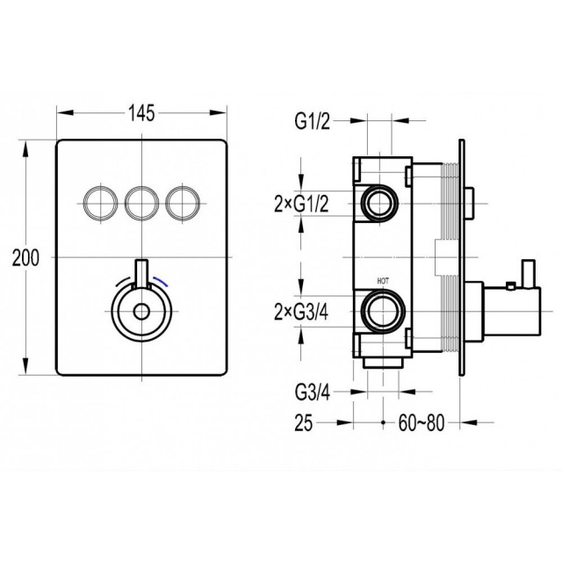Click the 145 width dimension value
click(x=141, y=113)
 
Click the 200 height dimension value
click(x=25, y=257)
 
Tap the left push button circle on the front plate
click(x=100, y=203)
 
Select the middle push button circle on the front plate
click(x=142, y=203)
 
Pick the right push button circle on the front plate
click(x=183, y=203)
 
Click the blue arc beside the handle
click(x=161, y=280)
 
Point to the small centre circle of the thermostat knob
click(x=141, y=312)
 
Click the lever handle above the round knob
click(x=141, y=275)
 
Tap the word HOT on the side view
click(x=383, y=281)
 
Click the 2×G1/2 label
click(x=301, y=205)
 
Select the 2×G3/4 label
click(x=301, y=313)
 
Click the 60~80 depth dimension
click(x=421, y=423)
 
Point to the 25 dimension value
click(x=304, y=423)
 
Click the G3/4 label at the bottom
click(x=312, y=393)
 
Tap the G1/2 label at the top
click(x=312, y=122)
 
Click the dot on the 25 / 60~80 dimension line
click(x=383, y=423)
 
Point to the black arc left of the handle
click(x=122, y=281)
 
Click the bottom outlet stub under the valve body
click(x=383, y=363)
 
